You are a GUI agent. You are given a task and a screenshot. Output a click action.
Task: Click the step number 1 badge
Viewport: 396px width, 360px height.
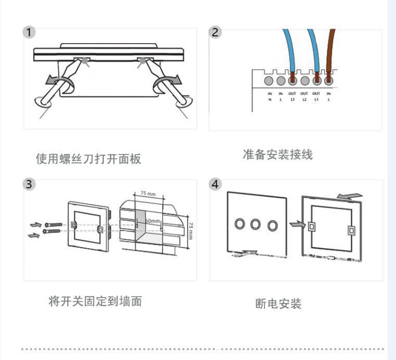30,33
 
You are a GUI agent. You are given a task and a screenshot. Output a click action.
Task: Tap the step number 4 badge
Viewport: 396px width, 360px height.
215,184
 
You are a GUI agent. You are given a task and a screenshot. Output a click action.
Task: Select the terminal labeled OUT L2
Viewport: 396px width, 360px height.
305,80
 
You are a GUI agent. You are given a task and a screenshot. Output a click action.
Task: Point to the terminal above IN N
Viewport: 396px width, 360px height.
270,80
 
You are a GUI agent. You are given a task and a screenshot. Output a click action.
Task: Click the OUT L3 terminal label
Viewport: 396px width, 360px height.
293,96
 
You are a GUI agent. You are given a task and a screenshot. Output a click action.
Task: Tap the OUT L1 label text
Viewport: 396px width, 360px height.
316,96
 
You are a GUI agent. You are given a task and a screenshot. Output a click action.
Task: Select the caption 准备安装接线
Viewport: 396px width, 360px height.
278,155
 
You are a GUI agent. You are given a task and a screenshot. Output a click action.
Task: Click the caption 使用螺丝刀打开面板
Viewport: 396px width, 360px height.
88,159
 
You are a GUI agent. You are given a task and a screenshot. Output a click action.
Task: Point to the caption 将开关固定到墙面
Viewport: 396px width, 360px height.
95,301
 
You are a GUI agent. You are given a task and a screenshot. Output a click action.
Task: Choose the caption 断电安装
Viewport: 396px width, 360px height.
279,304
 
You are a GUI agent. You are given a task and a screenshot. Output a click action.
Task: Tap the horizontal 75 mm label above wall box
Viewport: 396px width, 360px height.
148,194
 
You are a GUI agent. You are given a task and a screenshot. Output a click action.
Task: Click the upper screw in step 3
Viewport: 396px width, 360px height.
54,224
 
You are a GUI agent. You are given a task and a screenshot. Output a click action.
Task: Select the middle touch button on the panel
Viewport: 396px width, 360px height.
255,224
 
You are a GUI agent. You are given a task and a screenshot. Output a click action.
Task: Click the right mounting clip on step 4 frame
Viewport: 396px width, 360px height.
351,229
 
